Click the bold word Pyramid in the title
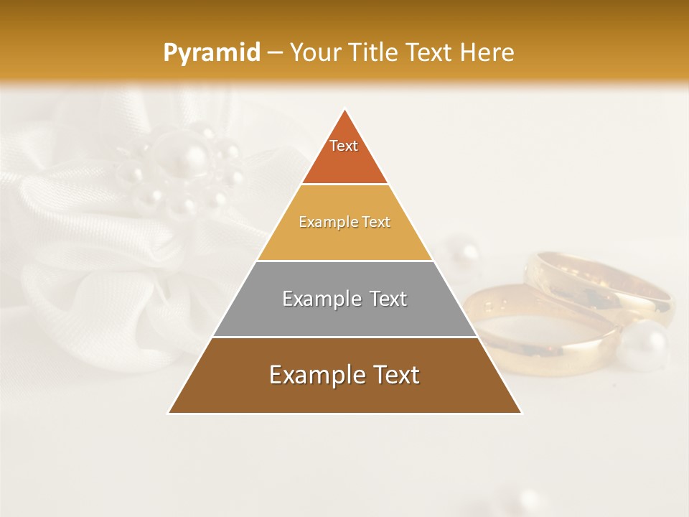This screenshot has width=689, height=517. pyautogui.click(x=211, y=52)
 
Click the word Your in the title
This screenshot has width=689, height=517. pyautogui.click(x=316, y=52)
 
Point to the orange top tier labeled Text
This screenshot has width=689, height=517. pyautogui.click(x=344, y=154)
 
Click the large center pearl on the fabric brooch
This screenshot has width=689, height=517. pyautogui.click(x=192, y=159)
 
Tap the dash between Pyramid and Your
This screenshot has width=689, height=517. pyautogui.click(x=273, y=53)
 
